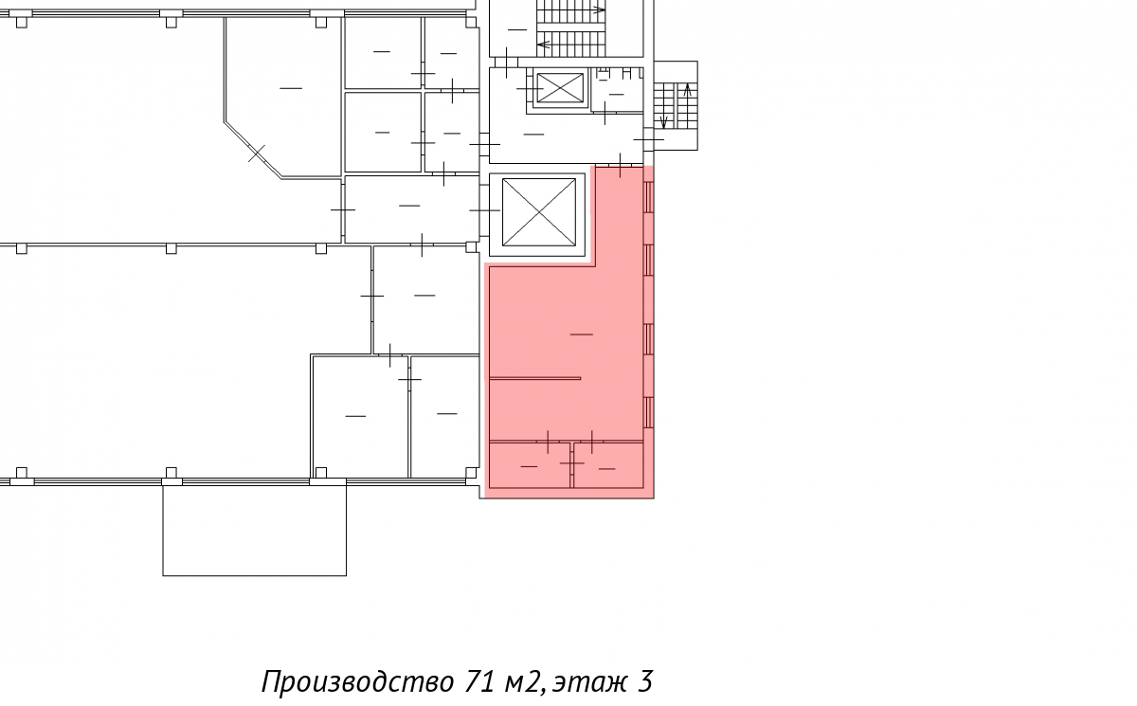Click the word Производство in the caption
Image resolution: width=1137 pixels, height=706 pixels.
(357, 682)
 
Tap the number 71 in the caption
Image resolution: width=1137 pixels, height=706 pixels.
(479, 681)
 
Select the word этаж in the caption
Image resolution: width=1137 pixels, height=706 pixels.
(589, 683)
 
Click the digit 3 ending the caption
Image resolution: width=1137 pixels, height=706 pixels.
(643, 681)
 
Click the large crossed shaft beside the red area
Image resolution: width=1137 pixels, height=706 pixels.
(539, 212)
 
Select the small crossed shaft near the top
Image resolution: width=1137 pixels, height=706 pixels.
(560, 88)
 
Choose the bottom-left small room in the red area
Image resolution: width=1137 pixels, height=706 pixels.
(530, 465)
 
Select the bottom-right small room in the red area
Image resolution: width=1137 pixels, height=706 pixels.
(608, 465)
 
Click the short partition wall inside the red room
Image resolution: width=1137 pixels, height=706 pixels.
(535, 378)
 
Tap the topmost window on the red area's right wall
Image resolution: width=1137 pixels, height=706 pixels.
(648, 197)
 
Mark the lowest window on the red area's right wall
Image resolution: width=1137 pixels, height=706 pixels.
(648, 412)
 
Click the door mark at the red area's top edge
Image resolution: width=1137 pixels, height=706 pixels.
(620, 166)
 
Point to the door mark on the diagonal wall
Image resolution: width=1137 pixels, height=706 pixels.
(257, 154)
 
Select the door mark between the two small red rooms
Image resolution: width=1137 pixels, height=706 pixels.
(572, 463)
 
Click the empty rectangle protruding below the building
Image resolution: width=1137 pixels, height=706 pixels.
(254, 531)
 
